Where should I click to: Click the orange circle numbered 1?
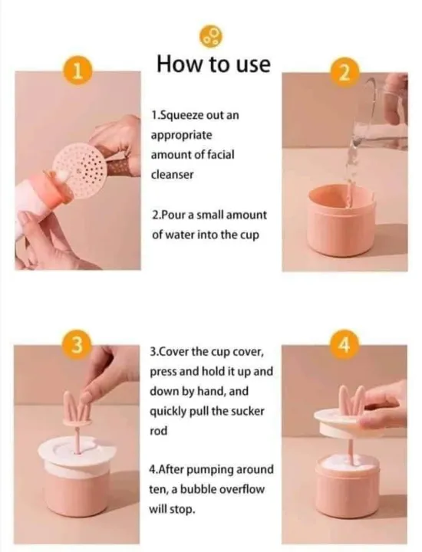pyautogui.click(x=78, y=71)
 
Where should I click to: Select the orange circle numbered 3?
pyautogui.click(x=77, y=347)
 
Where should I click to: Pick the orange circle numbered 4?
pyautogui.click(x=345, y=345)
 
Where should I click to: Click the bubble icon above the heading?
pyautogui.click(x=211, y=37)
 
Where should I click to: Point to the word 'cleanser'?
pyautogui.click(x=172, y=174)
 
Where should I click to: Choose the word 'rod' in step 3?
pyautogui.click(x=158, y=431)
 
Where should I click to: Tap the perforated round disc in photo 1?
pyautogui.click(x=79, y=171)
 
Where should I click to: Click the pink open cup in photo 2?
pyautogui.click(x=341, y=220)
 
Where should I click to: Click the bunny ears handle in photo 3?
pyautogui.click(x=77, y=407)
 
